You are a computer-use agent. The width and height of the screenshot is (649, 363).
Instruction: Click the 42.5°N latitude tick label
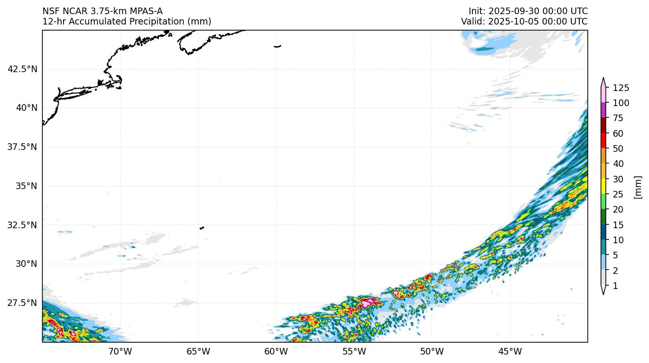click(x=22, y=69)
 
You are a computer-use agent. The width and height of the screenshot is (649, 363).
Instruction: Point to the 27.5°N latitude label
click(x=22, y=303)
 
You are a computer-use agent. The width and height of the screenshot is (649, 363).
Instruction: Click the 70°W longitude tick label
click(x=120, y=351)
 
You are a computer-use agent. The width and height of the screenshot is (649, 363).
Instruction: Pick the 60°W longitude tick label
click(x=276, y=351)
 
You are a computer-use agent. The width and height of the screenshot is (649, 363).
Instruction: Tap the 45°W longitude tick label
click(x=510, y=351)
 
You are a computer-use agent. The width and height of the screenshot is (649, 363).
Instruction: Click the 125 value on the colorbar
click(x=621, y=88)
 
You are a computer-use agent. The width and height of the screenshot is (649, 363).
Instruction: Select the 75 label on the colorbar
click(x=619, y=118)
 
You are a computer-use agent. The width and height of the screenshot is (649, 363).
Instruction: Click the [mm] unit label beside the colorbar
click(x=638, y=187)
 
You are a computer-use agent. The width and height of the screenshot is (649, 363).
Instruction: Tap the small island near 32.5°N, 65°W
click(x=202, y=228)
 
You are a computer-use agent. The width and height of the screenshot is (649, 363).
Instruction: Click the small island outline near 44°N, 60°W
click(x=277, y=46)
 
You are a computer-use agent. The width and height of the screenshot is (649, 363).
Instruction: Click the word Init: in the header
click(x=477, y=11)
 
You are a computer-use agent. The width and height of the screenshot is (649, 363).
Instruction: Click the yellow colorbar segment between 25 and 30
click(x=603, y=187)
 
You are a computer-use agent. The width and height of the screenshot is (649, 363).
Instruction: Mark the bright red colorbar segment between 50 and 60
click(x=603, y=141)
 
